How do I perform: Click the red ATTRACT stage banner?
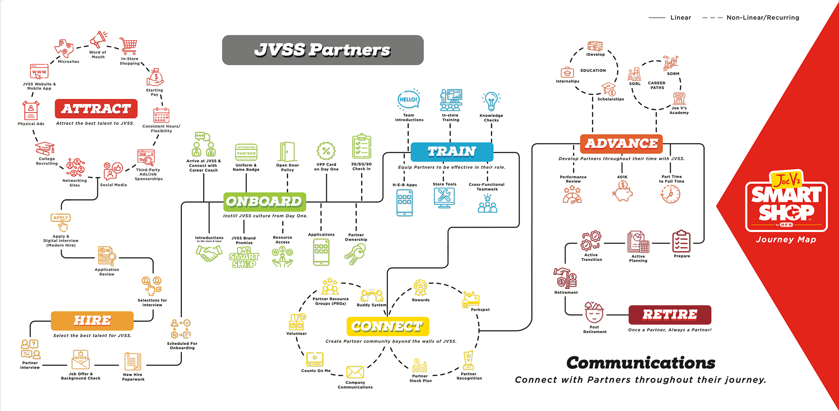[x=96, y=108]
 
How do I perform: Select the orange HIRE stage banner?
[x=92, y=320]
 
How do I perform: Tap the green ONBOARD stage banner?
[x=264, y=202]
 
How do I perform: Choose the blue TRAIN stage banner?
[x=452, y=152]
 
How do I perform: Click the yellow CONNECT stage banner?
[x=388, y=326]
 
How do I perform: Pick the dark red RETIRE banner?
[x=669, y=314]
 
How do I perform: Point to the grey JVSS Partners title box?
[x=322, y=50]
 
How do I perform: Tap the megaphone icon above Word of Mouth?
[x=99, y=39]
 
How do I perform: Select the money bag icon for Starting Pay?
[x=155, y=77]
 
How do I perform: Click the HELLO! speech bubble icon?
[x=409, y=100]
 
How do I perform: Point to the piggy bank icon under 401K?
[x=623, y=191]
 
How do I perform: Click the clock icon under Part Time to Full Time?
[x=670, y=194]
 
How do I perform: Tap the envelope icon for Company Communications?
[x=355, y=372]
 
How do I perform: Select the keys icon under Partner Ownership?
[x=355, y=254]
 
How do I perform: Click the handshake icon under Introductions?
[x=209, y=253]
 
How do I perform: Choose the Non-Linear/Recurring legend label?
[x=763, y=17]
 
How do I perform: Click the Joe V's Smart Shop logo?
[x=786, y=201]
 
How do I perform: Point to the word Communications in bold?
[x=641, y=363]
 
